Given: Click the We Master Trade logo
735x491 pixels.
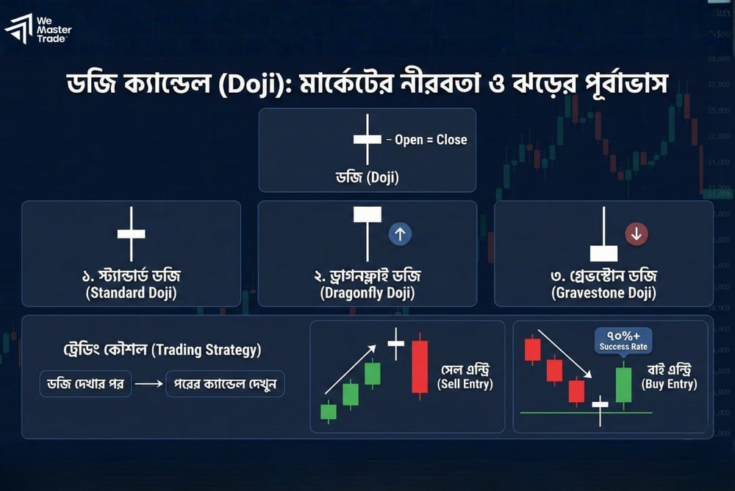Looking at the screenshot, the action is click(38, 29).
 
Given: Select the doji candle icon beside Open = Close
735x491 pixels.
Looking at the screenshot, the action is click(367, 139).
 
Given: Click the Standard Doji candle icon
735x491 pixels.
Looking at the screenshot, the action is click(132, 234).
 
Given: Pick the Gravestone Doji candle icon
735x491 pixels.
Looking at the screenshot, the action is click(603, 234).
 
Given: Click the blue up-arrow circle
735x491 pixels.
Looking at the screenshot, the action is click(400, 234).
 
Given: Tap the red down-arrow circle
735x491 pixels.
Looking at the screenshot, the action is click(637, 234).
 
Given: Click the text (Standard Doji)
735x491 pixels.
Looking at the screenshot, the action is click(132, 293).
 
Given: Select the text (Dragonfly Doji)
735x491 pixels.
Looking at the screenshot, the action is click(367, 293).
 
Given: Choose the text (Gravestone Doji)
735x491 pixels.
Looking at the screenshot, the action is click(603, 293).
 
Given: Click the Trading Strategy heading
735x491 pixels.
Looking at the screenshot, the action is click(162, 350).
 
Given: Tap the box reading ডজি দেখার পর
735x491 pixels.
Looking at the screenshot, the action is click(85, 384).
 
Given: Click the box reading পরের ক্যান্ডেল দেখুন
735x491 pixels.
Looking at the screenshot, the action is click(225, 384).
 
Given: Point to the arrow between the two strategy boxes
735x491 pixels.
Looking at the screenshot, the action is click(148, 384).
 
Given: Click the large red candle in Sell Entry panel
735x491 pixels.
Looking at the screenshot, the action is click(420, 366).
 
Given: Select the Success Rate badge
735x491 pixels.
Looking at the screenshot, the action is click(623, 340).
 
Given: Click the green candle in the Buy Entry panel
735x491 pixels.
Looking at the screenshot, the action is click(623, 385).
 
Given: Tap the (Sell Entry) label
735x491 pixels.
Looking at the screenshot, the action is click(465, 384).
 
